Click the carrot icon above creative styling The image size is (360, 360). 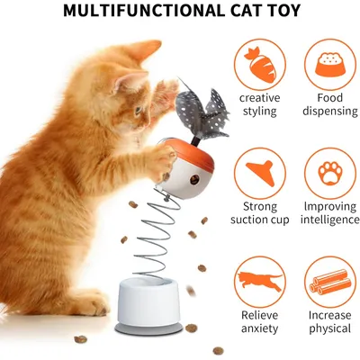click(260, 65)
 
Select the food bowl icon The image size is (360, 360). click(330, 64)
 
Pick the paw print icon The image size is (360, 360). click(330, 174)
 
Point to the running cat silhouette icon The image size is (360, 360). click(260, 281)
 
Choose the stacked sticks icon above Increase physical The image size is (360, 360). click(330, 282)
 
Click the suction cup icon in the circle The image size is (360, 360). click(261, 173)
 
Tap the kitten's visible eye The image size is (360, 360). click(138, 110)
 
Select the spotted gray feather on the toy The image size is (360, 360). click(201, 111)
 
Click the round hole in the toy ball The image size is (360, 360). click(193, 179)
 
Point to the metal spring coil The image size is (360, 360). click(156, 237)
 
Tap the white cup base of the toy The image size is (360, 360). click(148, 302)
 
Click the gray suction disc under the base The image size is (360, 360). click(148, 329)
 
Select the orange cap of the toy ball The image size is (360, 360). click(191, 153)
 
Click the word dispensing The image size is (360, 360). click(330, 111)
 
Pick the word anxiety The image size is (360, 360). click(260, 328)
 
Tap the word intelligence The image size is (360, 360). click(330, 220)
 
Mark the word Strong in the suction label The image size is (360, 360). click(260, 206)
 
